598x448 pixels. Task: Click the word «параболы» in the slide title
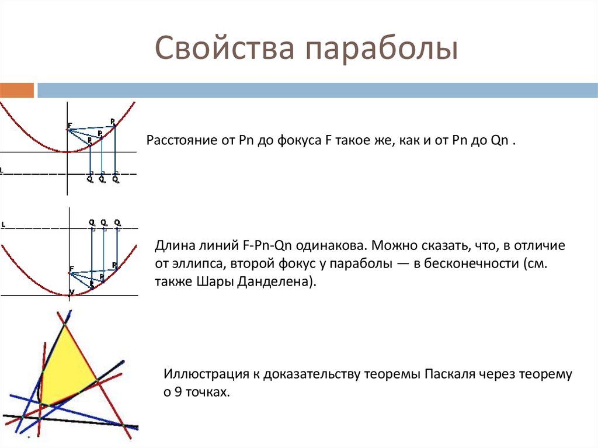pyautogui.click(x=379, y=50)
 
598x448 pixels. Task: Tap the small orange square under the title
pyautogui.click(x=17, y=91)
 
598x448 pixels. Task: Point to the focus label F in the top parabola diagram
pyautogui.click(x=69, y=125)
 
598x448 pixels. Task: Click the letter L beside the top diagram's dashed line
pyautogui.click(x=2, y=171)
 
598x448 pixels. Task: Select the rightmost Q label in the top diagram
pyautogui.click(x=115, y=180)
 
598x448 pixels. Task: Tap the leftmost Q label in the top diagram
pyautogui.click(x=89, y=180)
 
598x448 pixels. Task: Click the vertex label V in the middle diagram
pyautogui.click(x=71, y=291)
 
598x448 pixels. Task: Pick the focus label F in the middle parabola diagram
pyautogui.click(x=71, y=269)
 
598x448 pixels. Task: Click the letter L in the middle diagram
pyautogui.click(x=3, y=224)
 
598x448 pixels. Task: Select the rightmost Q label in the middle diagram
pyautogui.click(x=117, y=222)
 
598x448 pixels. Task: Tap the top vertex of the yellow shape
pyautogui.click(x=64, y=325)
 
